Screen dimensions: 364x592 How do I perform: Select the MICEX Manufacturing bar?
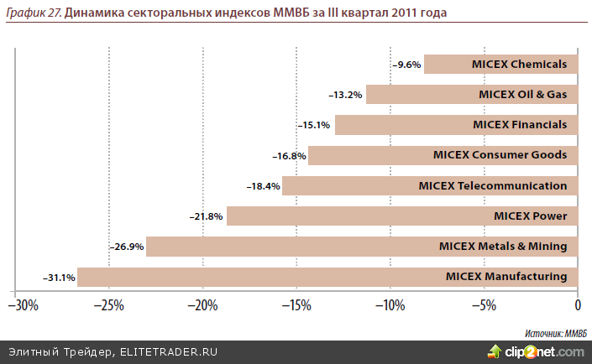click(327, 277)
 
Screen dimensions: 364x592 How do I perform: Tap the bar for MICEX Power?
click(402, 216)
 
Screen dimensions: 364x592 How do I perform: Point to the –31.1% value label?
click(59, 278)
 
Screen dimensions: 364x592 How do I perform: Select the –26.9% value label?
click(127, 247)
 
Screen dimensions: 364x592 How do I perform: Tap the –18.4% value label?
click(263, 186)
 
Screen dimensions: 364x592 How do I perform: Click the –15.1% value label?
click(315, 125)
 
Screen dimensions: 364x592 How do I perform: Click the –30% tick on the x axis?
click(24, 304)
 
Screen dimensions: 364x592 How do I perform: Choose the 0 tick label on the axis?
click(578, 304)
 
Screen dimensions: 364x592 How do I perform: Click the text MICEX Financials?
click(520, 125)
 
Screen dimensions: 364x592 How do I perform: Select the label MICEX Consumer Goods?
click(500, 155)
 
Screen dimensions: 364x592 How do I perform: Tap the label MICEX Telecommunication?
click(493, 185)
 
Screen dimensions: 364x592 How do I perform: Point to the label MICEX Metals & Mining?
click(503, 247)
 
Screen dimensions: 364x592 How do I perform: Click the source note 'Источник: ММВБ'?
click(556, 332)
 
